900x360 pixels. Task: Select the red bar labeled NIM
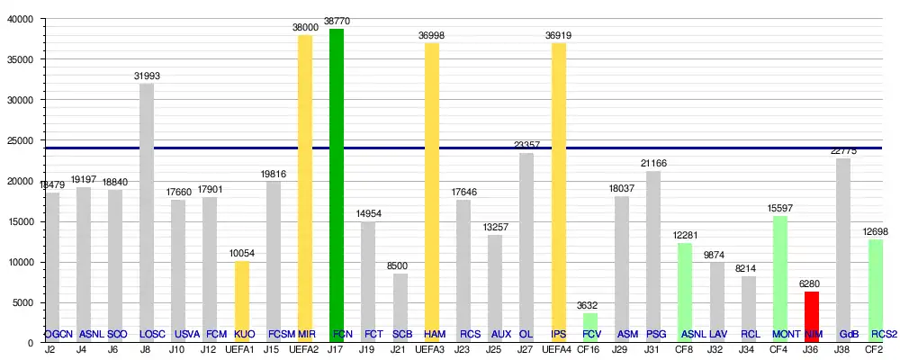(812, 315)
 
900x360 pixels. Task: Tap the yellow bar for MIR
(305, 188)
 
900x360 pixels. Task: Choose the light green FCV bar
(590, 326)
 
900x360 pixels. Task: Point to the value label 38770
(337, 19)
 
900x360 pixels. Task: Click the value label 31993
(147, 76)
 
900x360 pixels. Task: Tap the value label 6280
(812, 284)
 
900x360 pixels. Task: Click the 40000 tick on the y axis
(20, 19)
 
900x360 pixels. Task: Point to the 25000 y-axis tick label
(20, 140)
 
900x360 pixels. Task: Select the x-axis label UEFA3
(432, 349)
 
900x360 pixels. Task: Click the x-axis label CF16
(589, 349)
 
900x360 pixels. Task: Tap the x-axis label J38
(843, 349)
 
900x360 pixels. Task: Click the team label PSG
(654, 334)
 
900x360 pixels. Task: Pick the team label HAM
(433, 334)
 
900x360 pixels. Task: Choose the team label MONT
(780, 334)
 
